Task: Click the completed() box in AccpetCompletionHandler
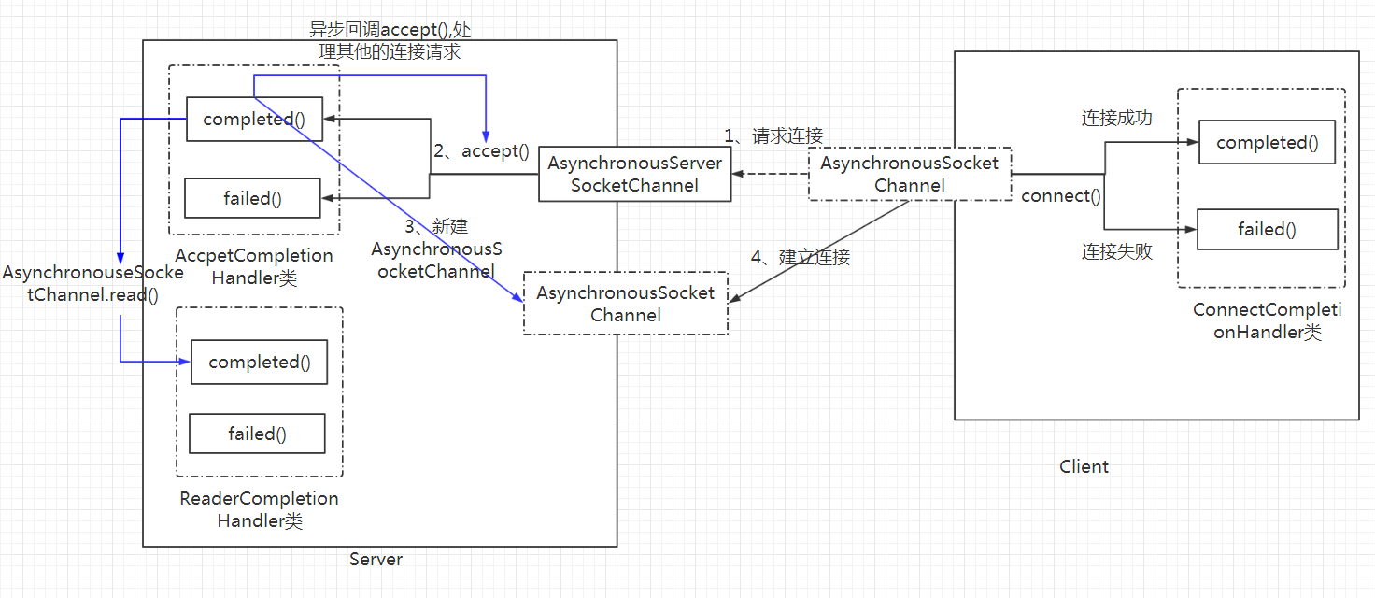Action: pos(254,120)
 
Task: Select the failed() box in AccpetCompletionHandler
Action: pos(252,198)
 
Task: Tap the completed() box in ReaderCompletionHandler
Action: pos(259,362)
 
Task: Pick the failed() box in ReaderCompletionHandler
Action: pos(257,434)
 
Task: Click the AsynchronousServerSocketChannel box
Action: pos(634,175)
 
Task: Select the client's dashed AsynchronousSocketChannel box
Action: pos(909,175)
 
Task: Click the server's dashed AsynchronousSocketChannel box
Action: pos(625,304)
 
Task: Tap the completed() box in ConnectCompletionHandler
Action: pos(1267,143)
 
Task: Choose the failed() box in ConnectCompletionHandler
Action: pos(1267,230)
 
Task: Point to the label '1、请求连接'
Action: pos(773,136)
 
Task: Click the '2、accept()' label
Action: pos(481,151)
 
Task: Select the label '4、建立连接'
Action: pos(801,257)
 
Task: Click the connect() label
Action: pos(1061,196)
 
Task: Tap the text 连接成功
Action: pos(1116,118)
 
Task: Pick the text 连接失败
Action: pos(1116,251)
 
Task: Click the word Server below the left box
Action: pos(376,560)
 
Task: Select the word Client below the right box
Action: pos(1084,466)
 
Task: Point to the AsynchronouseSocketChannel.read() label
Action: pos(92,283)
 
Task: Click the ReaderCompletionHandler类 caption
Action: pos(259,510)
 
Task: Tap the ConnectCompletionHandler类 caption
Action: pos(1267,321)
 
